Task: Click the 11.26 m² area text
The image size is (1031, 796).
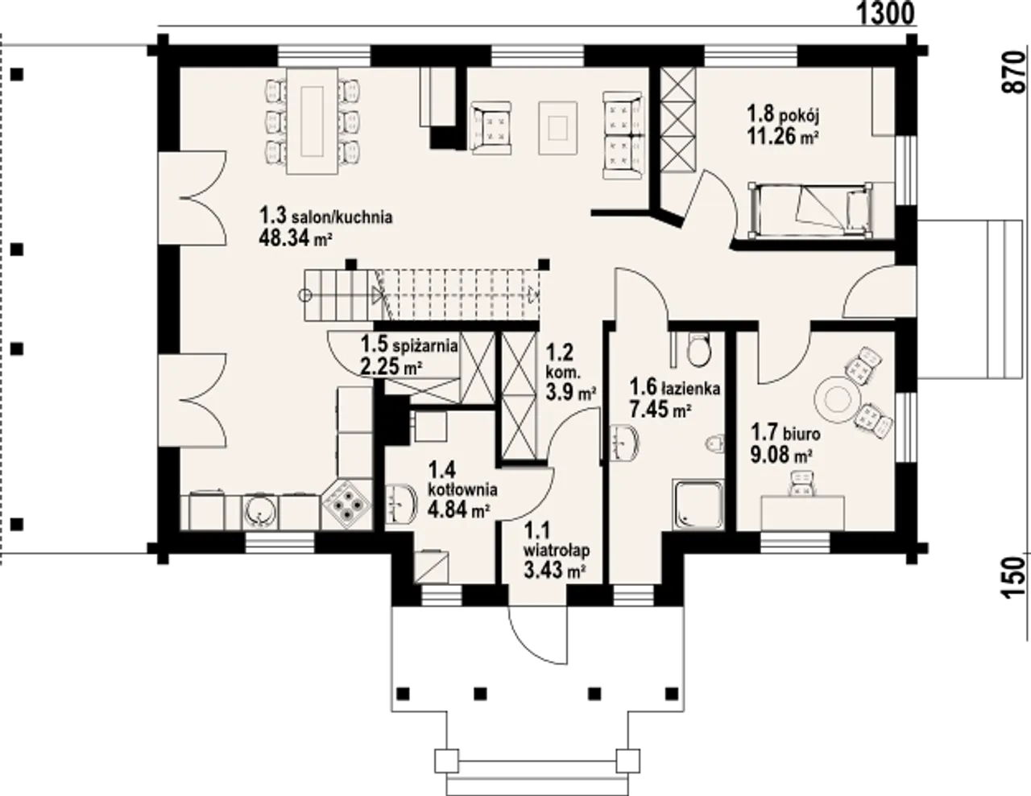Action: tap(783, 137)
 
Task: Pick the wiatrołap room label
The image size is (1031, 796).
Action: tap(557, 551)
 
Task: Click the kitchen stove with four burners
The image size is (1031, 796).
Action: tap(347, 504)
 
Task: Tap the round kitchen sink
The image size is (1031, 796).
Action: tap(259, 512)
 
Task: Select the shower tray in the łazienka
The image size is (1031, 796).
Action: tap(698, 504)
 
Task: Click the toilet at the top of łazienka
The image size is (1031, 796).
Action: tap(699, 350)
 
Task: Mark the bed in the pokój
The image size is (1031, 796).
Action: tap(810, 211)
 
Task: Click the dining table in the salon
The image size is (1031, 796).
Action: tap(312, 121)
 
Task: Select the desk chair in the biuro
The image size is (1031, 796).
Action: tap(802, 484)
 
